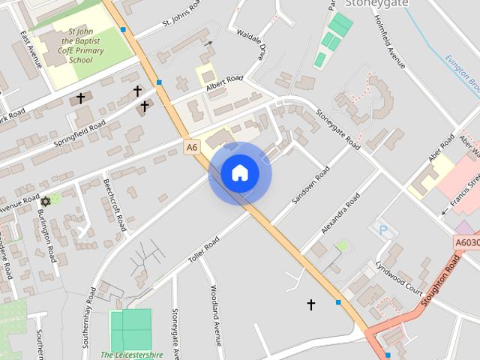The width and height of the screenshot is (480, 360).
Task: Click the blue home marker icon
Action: pos(240,173)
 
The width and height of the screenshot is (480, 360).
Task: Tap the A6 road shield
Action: pos(193,148)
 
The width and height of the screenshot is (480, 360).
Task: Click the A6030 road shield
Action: pos(466,243)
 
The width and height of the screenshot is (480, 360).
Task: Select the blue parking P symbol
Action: pos(383,229)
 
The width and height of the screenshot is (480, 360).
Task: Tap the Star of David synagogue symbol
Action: pos(45,201)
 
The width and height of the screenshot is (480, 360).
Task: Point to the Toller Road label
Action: pos(203,247)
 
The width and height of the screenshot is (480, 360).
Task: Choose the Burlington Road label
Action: pos(46,235)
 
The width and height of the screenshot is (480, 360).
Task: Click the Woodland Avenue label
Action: pos(216,313)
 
